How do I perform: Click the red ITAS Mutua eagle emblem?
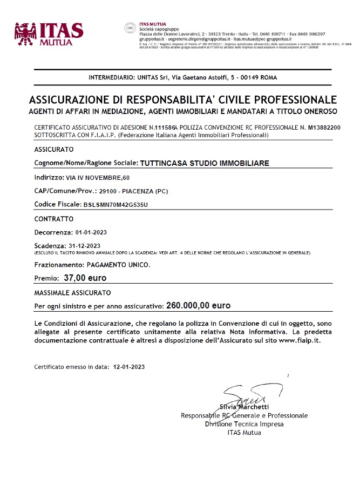click(x=25, y=33)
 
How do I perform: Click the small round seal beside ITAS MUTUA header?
click(x=130, y=28)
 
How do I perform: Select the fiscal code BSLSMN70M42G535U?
click(x=116, y=205)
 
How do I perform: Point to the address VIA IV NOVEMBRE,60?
click(x=90, y=177)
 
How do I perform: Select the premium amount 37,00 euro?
click(x=85, y=278)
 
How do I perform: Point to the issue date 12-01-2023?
click(x=129, y=366)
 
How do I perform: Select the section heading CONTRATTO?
click(x=53, y=219)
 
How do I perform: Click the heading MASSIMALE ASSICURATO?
click(x=72, y=292)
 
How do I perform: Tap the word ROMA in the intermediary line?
click(x=268, y=78)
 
